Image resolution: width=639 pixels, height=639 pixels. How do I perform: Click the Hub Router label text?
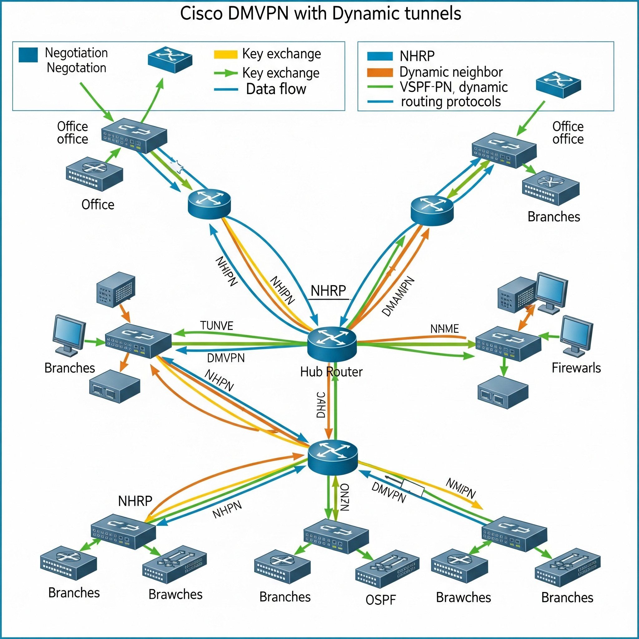point(331,372)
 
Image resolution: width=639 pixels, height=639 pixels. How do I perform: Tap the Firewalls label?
point(576,368)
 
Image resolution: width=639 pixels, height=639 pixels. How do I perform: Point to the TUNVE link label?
point(217,326)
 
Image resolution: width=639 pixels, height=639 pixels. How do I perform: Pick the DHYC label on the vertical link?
point(320,405)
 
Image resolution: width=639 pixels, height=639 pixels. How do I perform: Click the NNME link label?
point(445,329)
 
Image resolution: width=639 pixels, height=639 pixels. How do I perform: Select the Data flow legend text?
point(276,89)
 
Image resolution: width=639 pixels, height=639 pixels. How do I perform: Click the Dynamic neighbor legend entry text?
point(451,72)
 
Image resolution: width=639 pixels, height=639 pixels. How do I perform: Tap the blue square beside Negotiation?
point(28,55)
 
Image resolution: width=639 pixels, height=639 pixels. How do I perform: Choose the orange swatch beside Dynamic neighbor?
point(380,72)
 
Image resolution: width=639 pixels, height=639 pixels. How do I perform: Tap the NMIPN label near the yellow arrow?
point(461,489)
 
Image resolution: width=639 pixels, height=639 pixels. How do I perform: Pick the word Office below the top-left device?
point(98,205)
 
